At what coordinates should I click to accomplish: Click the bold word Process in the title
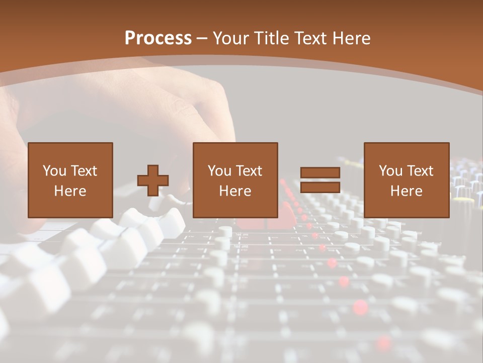pyautogui.click(x=158, y=38)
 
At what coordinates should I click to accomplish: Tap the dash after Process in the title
pyautogui.click(x=202, y=39)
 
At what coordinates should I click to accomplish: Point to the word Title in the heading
pyautogui.click(x=271, y=38)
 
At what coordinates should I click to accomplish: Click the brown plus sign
pyautogui.click(x=153, y=180)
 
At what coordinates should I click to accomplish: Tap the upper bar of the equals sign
pyautogui.click(x=320, y=173)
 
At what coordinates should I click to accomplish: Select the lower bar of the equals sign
pyautogui.click(x=320, y=188)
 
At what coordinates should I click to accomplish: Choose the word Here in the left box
pyautogui.click(x=70, y=191)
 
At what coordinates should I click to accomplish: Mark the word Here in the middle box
pyautogui.click(x=235, y=191)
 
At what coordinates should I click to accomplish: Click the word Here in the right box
pyautogui.click(x=406, y=191)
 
